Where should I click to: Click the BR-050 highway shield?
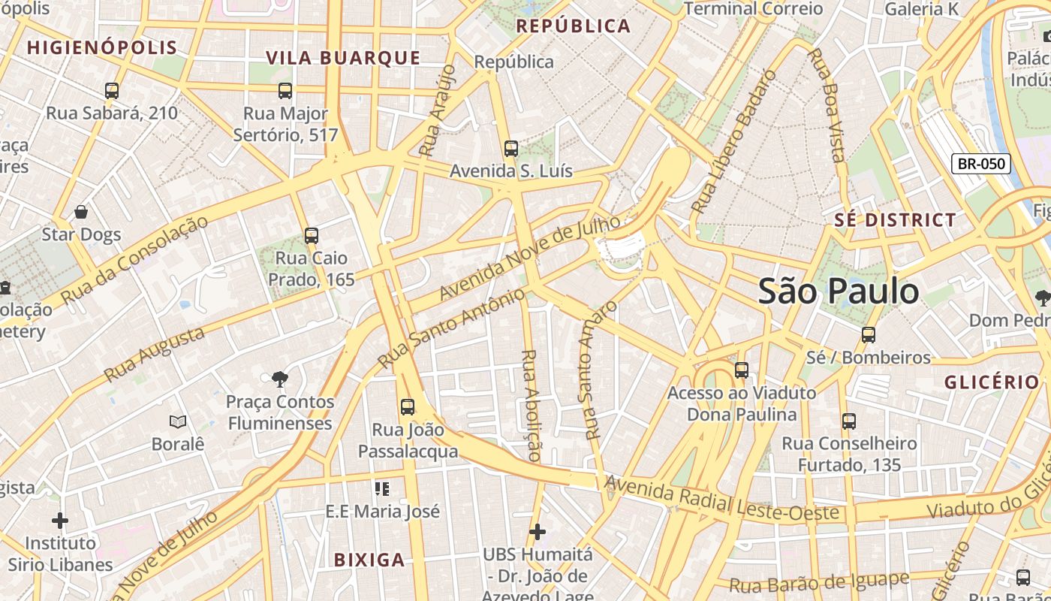(980, 164)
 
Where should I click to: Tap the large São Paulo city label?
(838, 291)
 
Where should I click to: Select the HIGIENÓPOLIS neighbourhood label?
(102, 48)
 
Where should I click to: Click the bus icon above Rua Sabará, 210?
(112, 91)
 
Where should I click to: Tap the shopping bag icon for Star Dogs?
(81, 213)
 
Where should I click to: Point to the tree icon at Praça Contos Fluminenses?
(280, 379)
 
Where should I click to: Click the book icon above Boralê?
(178, 421)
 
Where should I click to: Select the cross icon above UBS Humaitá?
(537, 532)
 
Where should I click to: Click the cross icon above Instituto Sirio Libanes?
(60, 520)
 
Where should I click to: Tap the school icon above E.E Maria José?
(382, 489)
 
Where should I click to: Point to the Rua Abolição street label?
(531, 404)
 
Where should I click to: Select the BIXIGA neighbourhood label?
(369, 560)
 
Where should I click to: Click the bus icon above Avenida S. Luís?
(511, 149)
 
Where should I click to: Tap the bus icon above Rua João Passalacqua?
(408, 407)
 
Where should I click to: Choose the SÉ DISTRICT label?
(896, 220)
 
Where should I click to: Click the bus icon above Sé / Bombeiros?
(869, 335)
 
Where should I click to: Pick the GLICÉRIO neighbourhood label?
(991, 382)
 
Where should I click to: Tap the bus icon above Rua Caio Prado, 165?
(312, 236)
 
